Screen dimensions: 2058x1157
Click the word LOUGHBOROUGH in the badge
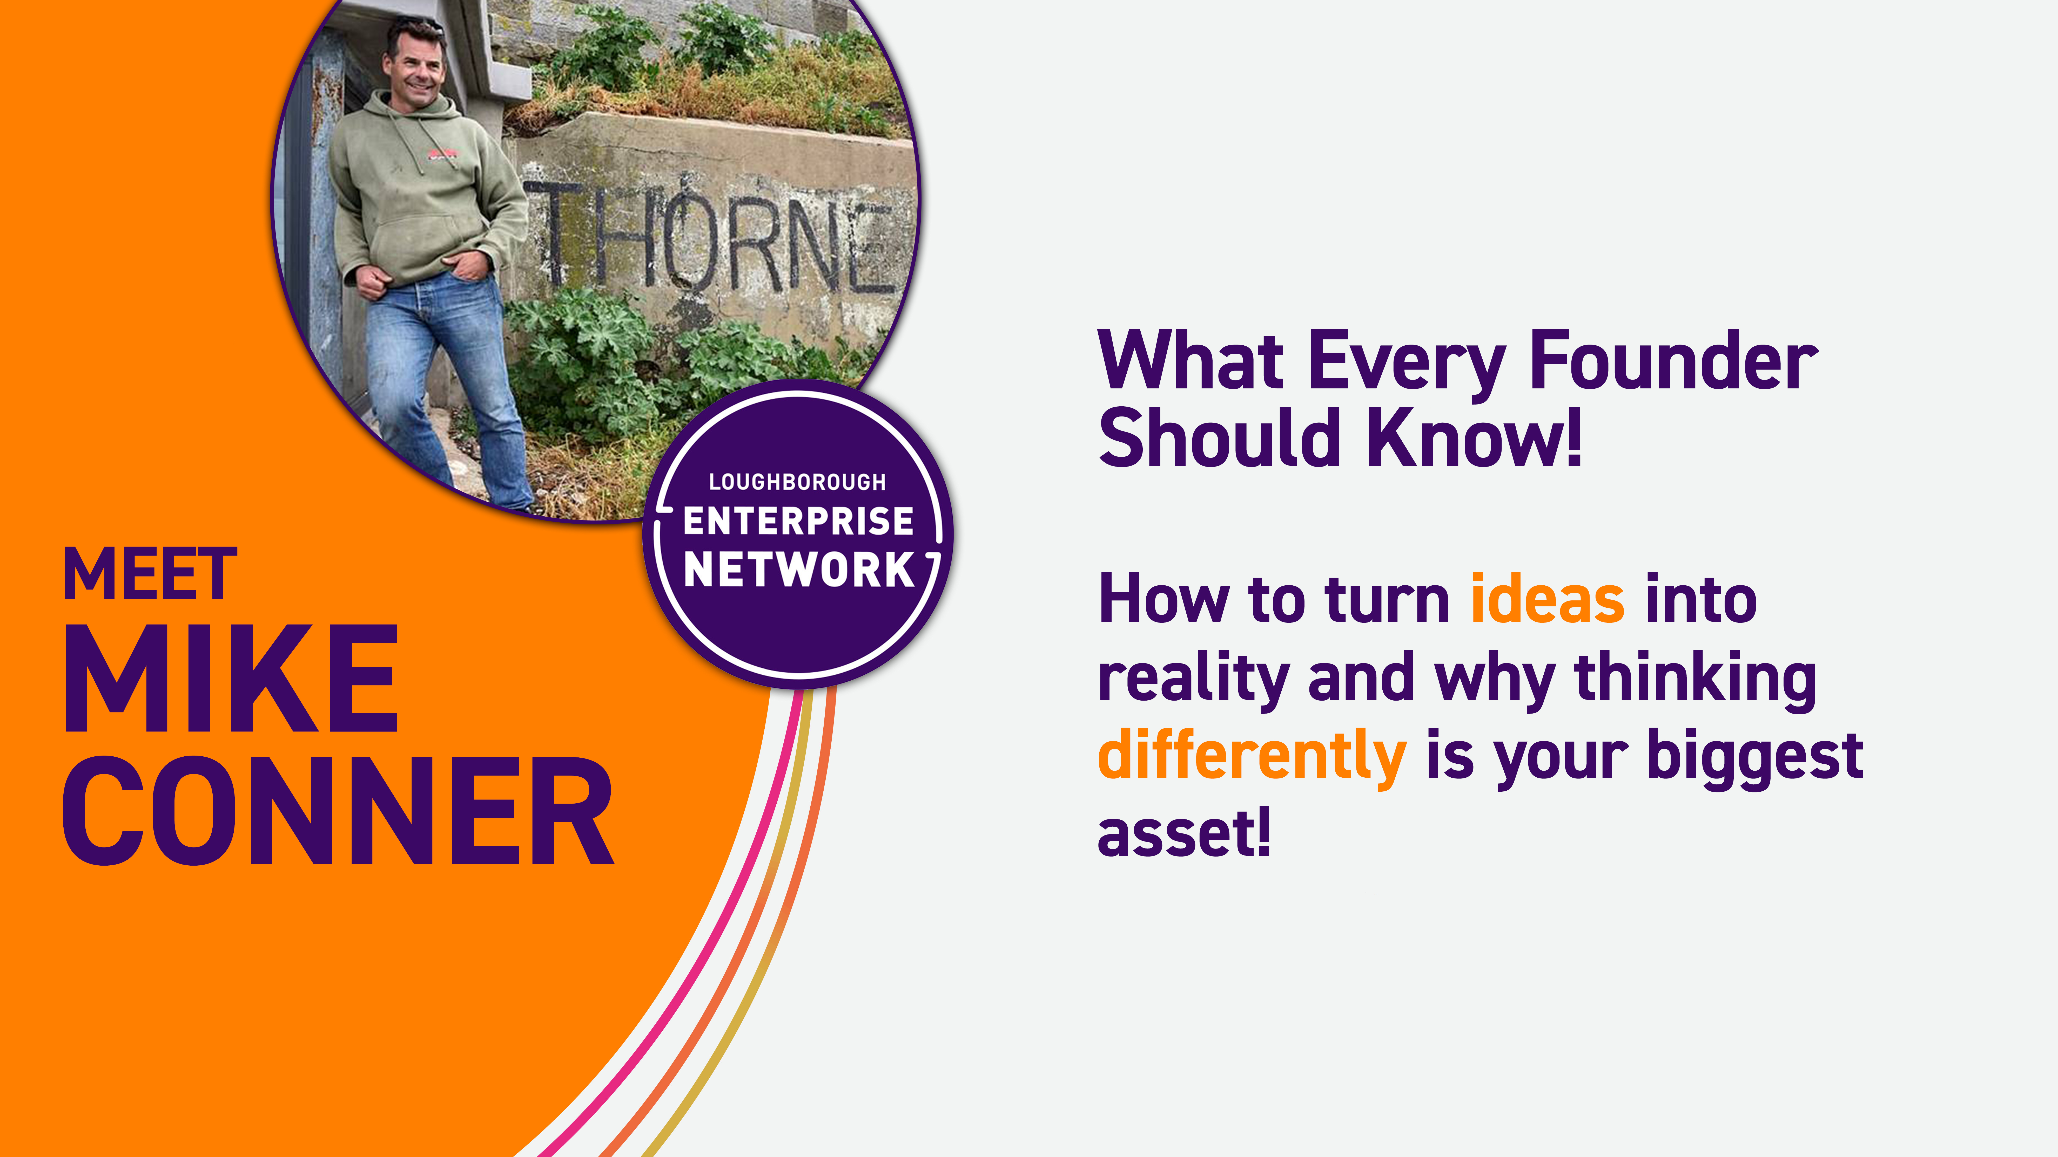pos(797,482)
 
